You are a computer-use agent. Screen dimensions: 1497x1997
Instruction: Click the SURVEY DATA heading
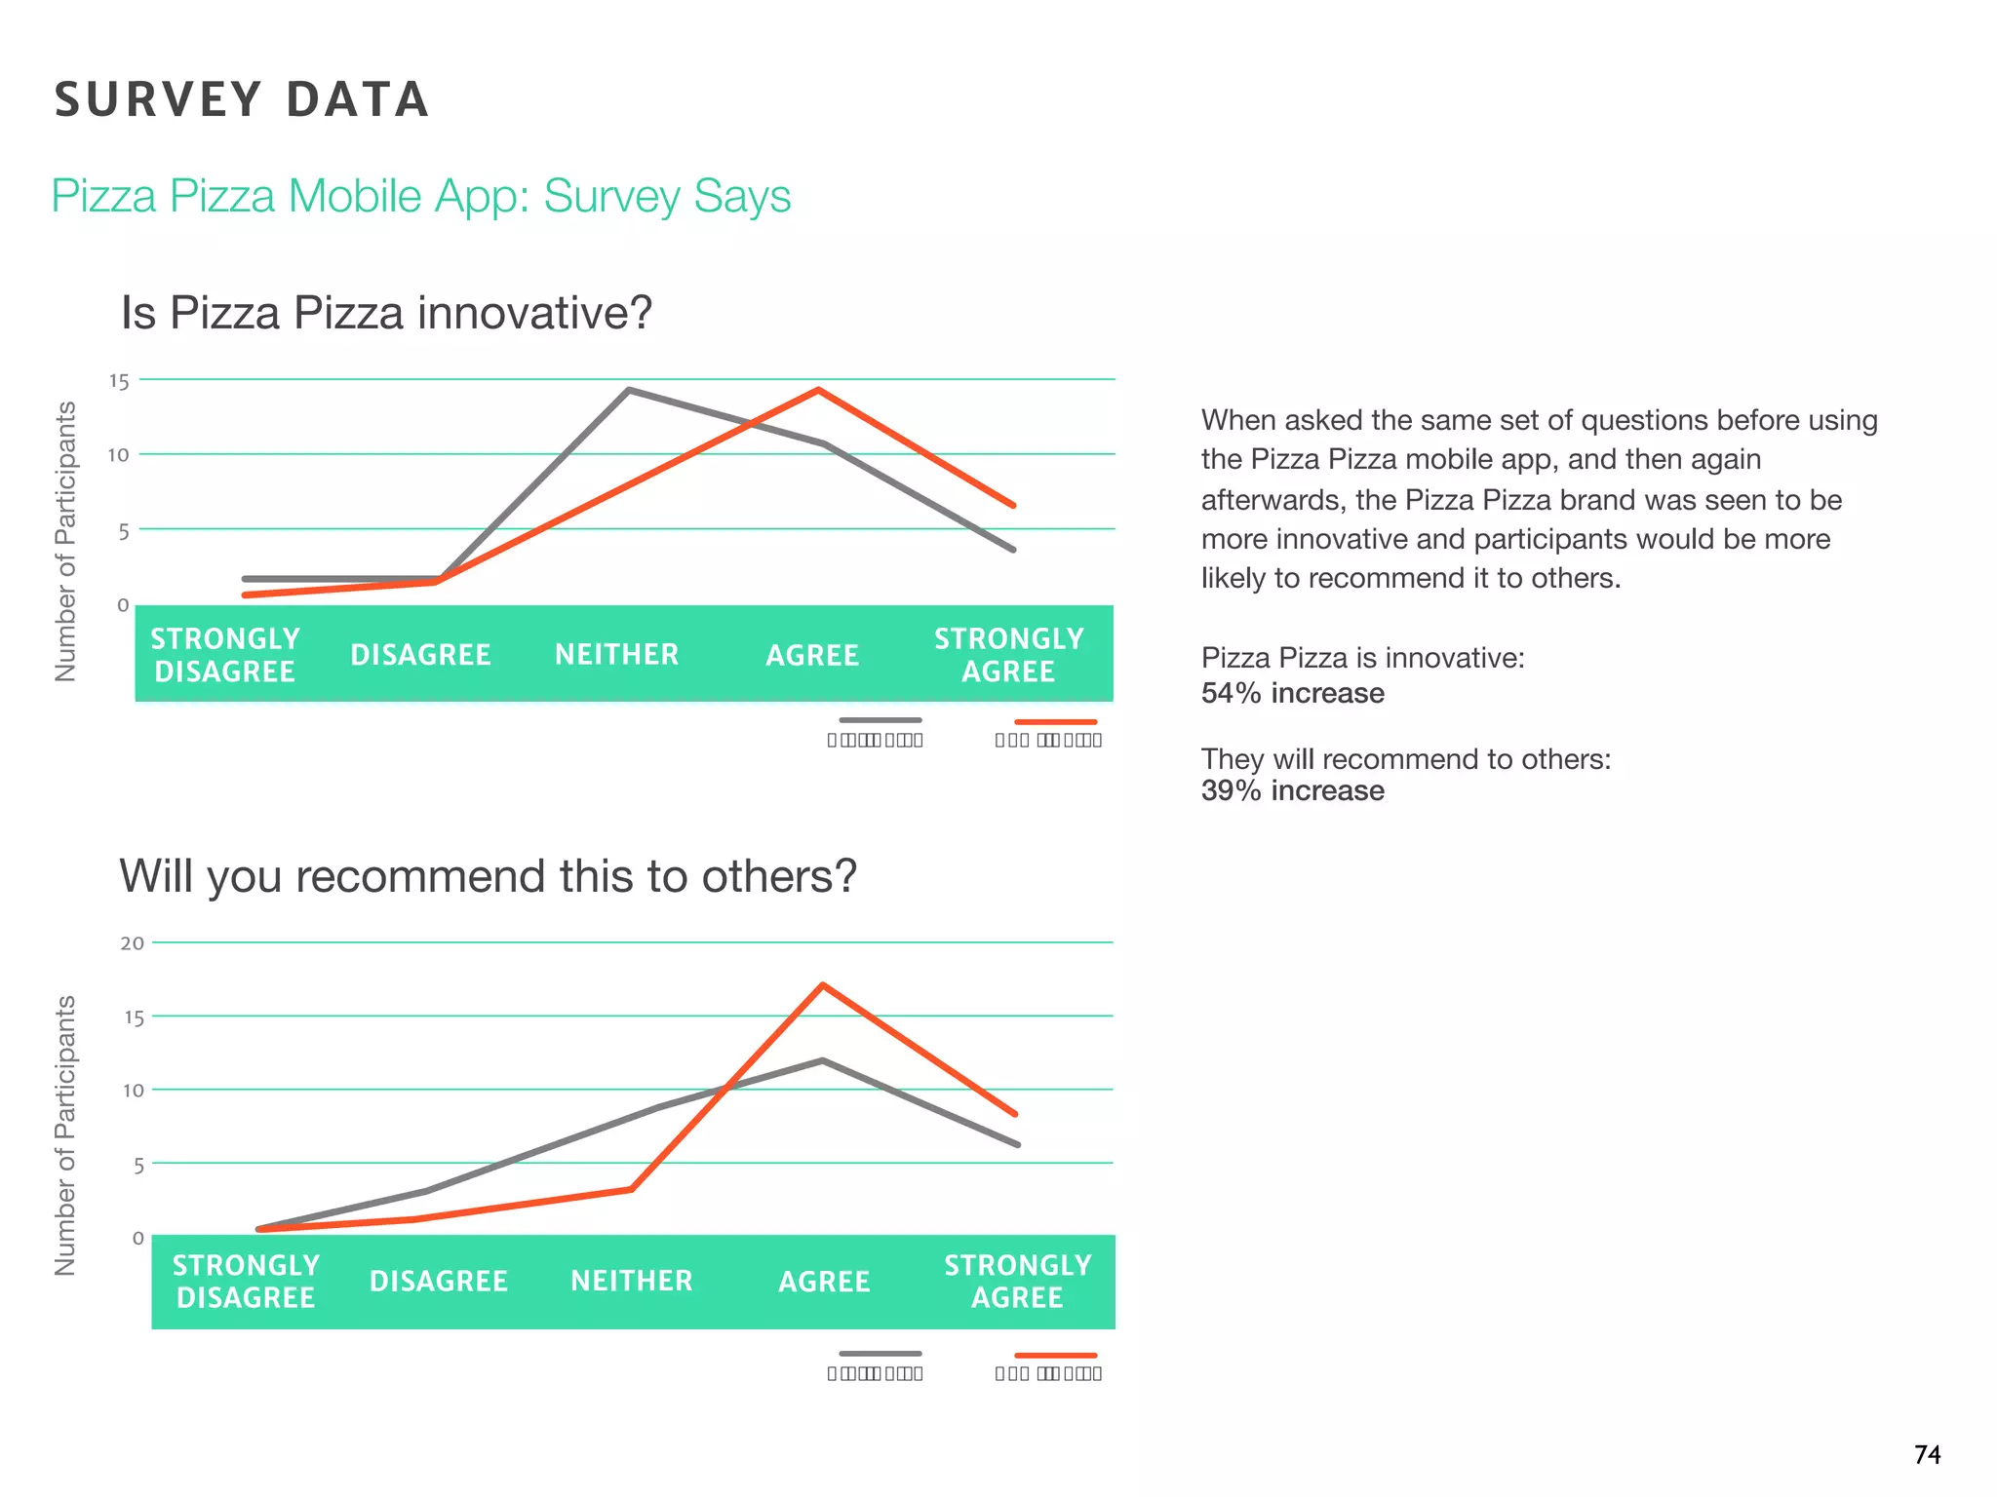(242, 99)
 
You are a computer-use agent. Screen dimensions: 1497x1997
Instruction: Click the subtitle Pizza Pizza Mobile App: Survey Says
(420, 196)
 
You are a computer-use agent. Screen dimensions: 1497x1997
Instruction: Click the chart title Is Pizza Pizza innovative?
(386, 313)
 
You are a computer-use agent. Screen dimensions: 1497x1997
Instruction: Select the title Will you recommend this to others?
(488, 875)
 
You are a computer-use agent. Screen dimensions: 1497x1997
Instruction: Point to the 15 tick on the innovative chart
(119, 382)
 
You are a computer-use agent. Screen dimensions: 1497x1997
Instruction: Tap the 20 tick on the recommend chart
(133, 943)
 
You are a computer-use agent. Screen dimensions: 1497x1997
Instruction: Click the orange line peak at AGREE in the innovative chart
(818, 391)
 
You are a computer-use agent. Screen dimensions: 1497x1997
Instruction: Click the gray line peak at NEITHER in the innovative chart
(629, 391)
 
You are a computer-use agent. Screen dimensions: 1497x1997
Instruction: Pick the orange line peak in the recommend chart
(823, 985)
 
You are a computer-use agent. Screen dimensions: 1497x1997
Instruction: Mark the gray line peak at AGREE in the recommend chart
(823, 1060)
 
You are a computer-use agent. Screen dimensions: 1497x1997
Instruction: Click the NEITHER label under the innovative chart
(616, 654)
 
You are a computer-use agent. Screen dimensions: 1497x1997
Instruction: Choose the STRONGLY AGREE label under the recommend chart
(1017, 1282)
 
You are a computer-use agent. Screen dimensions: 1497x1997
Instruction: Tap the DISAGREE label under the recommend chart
(439, 1282)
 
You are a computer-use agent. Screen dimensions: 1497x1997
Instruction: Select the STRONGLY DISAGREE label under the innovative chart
(225, 655)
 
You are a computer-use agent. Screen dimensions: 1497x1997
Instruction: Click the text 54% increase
(1292, 693)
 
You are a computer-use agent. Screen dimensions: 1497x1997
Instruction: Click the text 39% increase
(1292, 790)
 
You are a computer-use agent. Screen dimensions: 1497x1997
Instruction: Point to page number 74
(1927, 1455)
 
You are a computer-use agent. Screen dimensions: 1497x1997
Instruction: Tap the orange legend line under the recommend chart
(1055, 1355)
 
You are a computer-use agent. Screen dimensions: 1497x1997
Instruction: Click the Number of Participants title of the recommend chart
(65, 1135)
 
